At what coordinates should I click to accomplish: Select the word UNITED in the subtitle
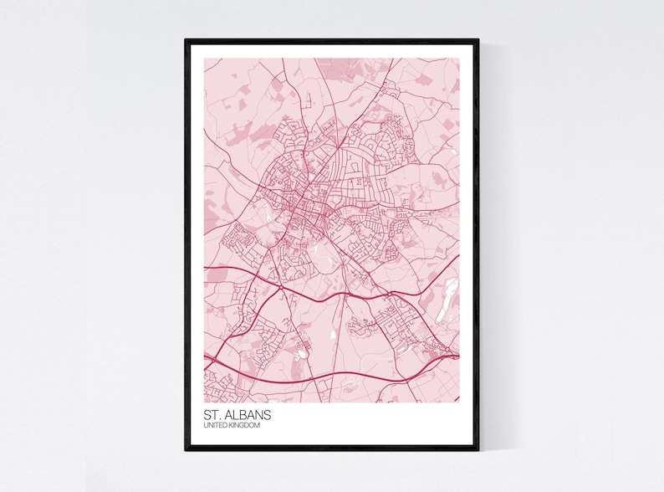click(x=216, y=426)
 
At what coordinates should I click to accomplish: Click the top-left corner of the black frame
click(x=186, y=39)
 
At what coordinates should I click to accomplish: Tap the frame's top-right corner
click(x=478, y=39)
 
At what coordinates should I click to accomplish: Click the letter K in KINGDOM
click(x=232, y=426)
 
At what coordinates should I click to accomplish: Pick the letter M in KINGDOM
click(x=258, y=426)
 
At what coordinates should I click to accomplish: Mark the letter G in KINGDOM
click(x=243, y=426)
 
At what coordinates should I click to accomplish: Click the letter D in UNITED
click(x=226, y=426)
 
